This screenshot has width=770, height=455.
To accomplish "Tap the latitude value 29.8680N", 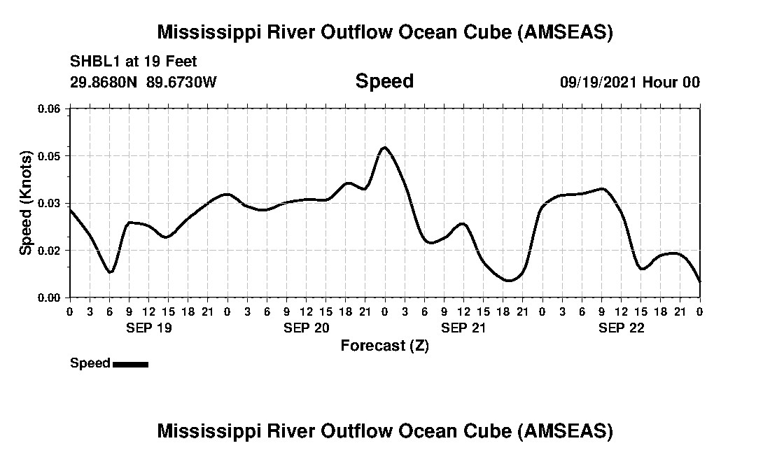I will pyautogui.click(x=104, y=82).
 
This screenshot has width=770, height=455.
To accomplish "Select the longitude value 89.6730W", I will pyautogui.click(x=181, y=82).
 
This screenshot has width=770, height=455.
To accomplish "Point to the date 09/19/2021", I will pyautogui.click(x=598, y=82).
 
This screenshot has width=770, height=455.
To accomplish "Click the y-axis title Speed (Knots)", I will pyautogui.click(x=26, y=202).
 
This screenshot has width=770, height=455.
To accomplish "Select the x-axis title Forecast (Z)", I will pyautogui.click(x=384, y=345).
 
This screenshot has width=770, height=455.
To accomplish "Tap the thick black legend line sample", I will pyautogui.click(x=130, y=364).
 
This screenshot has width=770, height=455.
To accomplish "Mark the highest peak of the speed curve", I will pyautogui.click(x=384, y=147).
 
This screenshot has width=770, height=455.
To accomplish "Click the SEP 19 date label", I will pyautogui.click(x=148, y=328).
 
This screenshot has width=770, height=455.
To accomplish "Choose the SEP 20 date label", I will pyautogui.click(x=307, y=328).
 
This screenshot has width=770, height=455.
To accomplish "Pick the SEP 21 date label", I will pyautogui.click(x=463, y=328).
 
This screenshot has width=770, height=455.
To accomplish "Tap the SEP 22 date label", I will pyautogui.click(x=622, y=328).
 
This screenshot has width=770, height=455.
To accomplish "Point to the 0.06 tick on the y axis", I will pyautogui.click(x=50, y=108).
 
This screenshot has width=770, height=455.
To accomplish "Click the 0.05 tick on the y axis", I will pyautogui.click(x=50, y=155).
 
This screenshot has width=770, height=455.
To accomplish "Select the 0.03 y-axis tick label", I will pyautogui.click(x=50, y=203).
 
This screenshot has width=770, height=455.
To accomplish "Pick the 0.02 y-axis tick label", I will pyautogui.click(x=50, y=250).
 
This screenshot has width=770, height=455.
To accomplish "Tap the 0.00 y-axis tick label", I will pyautogui.click(x=50, y=297).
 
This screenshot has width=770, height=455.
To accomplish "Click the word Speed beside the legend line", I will pyautogui.click(x=90, y=363).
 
